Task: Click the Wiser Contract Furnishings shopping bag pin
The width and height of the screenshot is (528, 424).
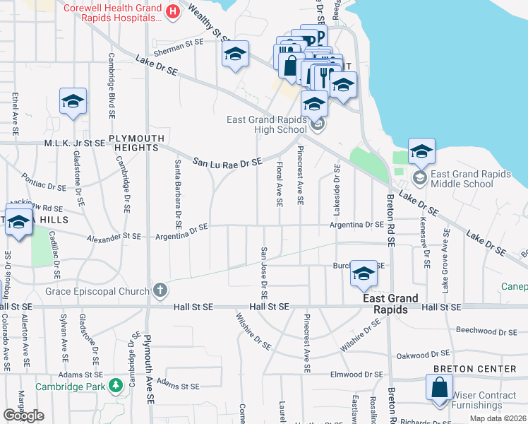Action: (x=439, y=389)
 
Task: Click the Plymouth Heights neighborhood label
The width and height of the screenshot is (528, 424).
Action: (x=137, y=143)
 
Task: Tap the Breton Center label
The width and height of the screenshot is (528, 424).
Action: (x=475, y=369)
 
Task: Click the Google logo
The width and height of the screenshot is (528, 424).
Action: (x=23, y=416)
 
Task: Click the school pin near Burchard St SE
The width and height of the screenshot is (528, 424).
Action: (x=364, y=276)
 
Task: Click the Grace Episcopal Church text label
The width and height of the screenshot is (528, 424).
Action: (x=98, y=290)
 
